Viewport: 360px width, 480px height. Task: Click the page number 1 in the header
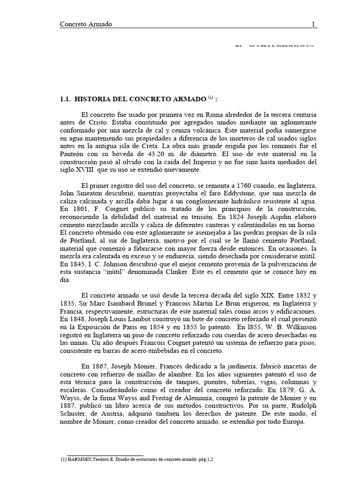pyautogui.click(x=314, y=24)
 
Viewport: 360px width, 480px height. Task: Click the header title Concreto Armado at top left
pyautogui.click(x=86, y=24)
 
